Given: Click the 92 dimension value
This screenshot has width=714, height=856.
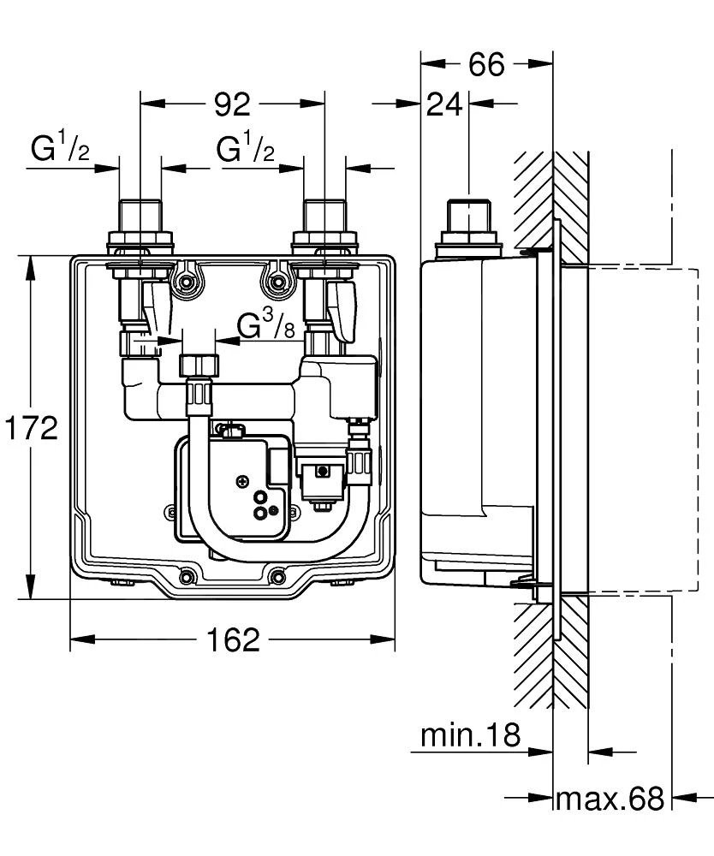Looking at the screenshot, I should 232,104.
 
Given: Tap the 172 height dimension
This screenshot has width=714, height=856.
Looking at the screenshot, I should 31,427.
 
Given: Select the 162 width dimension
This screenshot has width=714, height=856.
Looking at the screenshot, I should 232,639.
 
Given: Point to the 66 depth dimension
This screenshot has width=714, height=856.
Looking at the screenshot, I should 486,64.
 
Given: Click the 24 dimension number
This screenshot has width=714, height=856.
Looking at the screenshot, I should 444,104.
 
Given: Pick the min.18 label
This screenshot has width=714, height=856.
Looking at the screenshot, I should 470,734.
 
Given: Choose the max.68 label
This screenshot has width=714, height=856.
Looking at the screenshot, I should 610,800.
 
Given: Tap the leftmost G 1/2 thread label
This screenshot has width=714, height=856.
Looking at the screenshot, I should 60,150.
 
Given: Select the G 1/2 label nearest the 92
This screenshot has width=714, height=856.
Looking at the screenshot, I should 246,150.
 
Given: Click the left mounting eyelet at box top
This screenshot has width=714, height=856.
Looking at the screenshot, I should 187,280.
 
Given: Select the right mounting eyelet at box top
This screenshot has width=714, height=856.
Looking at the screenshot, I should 276,280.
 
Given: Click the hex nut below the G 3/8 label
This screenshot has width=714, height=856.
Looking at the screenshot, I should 198,367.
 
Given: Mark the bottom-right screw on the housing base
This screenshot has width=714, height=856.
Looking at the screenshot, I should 278,576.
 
